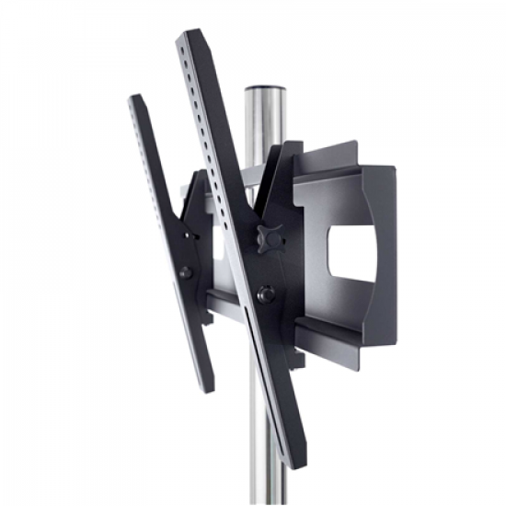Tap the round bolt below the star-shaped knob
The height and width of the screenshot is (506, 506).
(266, 294)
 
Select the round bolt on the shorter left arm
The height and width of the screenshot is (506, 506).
(185, 272)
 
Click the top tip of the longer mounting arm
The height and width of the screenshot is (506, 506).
(191, 35)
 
